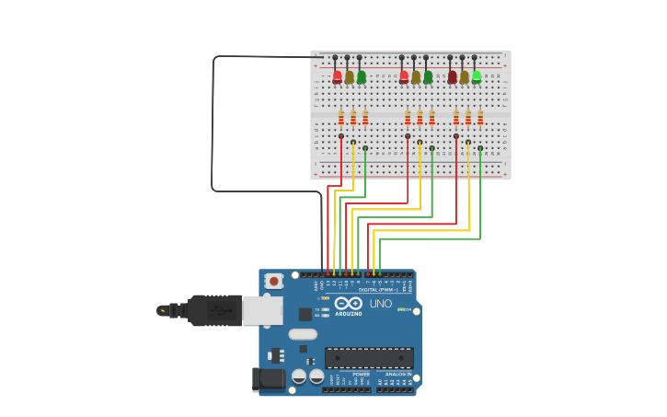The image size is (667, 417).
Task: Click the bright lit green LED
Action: (477, 76)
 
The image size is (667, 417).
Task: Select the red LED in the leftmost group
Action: (338, 76)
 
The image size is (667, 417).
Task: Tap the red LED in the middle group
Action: (404, 76)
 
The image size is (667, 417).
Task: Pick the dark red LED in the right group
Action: (452, 76)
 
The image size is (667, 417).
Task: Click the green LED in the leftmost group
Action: (362, 76)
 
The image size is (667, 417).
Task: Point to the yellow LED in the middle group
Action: (416, 76)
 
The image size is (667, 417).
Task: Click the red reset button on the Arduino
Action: (273, 281)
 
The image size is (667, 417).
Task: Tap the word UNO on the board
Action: (381, 304)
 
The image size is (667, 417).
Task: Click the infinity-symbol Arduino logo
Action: (349, 303)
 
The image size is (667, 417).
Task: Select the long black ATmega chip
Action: (369, 357)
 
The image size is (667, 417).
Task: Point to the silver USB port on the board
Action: (262, 310)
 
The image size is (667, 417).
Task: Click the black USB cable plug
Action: (214, 310)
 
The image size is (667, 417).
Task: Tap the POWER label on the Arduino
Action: (362, 374)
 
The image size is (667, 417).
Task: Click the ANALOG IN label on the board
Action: (398, 374)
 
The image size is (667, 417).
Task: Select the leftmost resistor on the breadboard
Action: (341, 118)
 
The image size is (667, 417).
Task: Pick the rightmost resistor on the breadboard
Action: (480, 118)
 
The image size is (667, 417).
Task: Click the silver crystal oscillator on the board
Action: (303, 334)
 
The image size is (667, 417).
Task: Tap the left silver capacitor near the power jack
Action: (299, 376)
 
